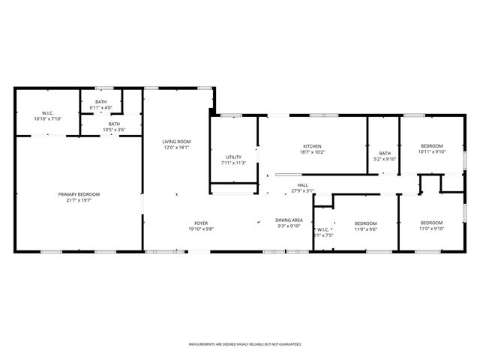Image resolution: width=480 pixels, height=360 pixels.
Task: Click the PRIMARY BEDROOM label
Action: click(79, 194)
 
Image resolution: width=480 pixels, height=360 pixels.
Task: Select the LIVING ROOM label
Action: click(177, 142)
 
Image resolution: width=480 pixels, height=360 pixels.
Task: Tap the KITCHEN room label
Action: click(312, 146)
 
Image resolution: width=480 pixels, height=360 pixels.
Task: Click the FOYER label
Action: click(201, 223)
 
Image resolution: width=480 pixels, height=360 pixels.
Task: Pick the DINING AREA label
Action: click(289, 220)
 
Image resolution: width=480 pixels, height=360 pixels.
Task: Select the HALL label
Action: click(302, 185)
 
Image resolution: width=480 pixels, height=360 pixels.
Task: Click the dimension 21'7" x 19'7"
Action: click(79, 199)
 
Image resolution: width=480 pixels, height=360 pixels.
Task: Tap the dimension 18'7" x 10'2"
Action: click(312, 151)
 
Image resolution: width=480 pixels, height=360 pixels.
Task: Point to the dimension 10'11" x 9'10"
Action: click(431, 151)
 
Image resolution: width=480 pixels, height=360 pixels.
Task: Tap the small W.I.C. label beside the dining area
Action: click(322, 230)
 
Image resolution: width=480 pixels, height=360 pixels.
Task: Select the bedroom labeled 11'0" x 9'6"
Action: click(365, 223)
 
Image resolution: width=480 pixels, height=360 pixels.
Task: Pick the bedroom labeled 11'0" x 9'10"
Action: click(431, 223)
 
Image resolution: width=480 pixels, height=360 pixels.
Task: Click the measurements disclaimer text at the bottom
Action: click(244, 343)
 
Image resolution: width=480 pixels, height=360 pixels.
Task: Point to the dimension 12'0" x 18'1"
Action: click(177, 147)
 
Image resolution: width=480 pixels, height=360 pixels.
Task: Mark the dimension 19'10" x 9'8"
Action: click(201, 229)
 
